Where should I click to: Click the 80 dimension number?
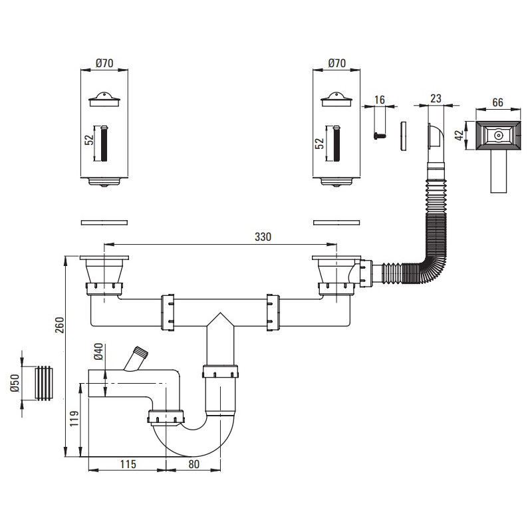coord(194,464)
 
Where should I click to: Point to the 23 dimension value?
coord(436,98)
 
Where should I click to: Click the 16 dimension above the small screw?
coord(380,100)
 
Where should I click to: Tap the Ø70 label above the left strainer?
coord(104,64)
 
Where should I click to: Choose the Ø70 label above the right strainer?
coord(337,64)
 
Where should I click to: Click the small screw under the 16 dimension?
coord(379,134)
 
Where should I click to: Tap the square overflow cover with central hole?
coord(498,136)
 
